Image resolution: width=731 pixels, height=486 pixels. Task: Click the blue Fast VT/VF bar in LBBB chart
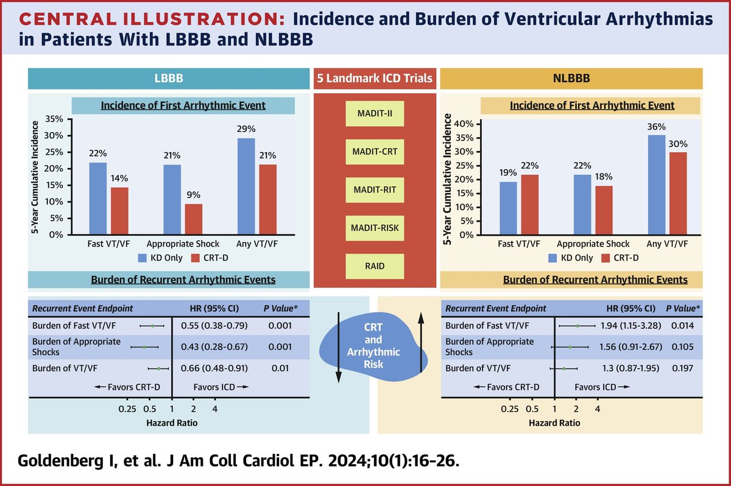(x=98, y=199)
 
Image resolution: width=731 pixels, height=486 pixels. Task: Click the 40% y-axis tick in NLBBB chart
(x=462, y=124)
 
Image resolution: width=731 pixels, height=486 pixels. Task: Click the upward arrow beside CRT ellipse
(x=420, y=344)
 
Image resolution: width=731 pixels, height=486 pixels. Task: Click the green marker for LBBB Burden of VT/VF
(x=158, y=368)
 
